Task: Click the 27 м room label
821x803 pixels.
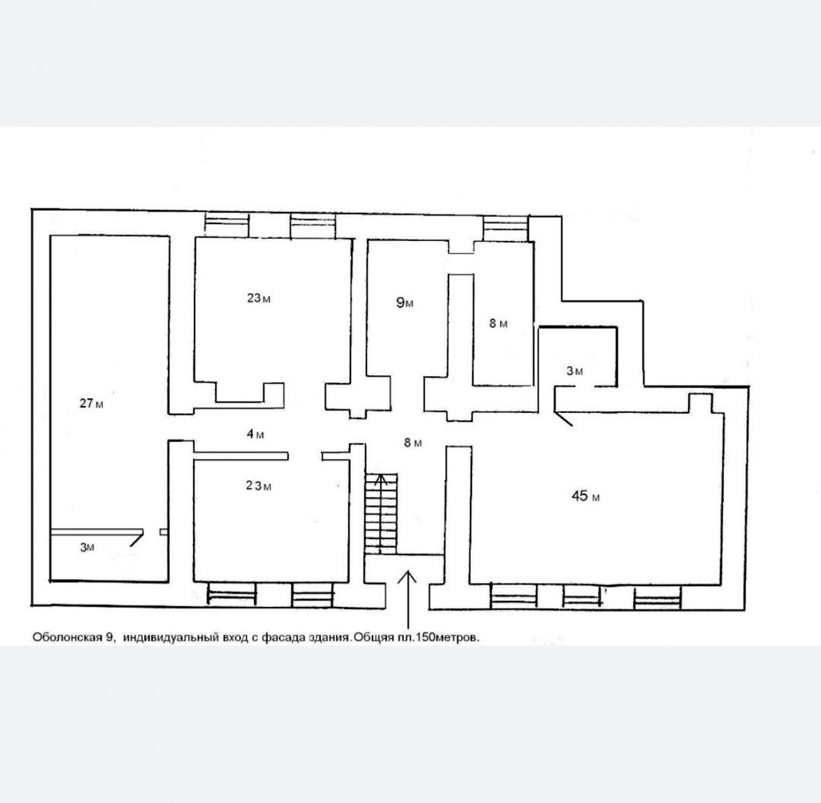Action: pyautogui.click(x=92, y=404)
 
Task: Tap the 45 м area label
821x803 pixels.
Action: pyautogui.click(x=586, y=496)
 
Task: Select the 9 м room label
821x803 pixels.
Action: pyautogui.click(x=404, y=302)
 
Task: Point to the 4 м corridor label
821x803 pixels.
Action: pyautogui.click(x=255, y=434)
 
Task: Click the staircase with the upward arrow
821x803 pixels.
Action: pyautogui.click(x=381, y=513)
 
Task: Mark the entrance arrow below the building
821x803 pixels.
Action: pyautogui.click(x=408, y=600)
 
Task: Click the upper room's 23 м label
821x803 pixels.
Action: pyautogui.click(x=259, y=298)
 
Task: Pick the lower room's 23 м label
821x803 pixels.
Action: pyautogui.click(x=259, y=486)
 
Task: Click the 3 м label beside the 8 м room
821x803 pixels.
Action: pyautogui.click(x=574, y=371)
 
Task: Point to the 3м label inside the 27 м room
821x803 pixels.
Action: pyautogui.click(x=87, y=547)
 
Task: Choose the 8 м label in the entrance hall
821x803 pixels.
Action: pyautogui.click(x=413, y=442)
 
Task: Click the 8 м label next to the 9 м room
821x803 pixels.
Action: pyautogui.click(x=498, y=323)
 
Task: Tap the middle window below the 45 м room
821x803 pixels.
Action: pyautogui.click(x=582, y=596)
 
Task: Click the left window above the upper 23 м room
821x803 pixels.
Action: pyautogui.click(x=227, y=225)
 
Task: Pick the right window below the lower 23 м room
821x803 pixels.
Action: pyautogui.click(x=313, y=595)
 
